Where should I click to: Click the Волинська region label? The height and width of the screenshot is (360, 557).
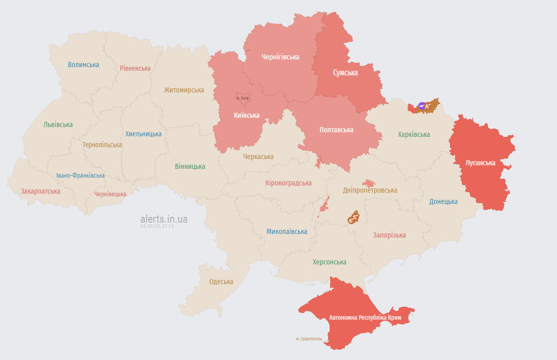coord(83,65)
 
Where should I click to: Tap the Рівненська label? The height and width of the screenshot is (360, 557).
coord(135,68)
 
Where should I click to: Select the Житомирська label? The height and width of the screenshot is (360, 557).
coord(184,90)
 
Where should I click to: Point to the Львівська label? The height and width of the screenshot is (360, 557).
coord(58,124)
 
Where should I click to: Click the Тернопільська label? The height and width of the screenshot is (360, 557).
coord(102,145)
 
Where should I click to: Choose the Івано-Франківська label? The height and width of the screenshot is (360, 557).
coord(80,176)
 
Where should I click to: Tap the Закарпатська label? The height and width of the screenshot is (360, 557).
coord(40,191)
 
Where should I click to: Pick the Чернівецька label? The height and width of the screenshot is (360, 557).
coord(110,194)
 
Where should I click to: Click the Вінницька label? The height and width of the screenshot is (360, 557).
coord(190,166)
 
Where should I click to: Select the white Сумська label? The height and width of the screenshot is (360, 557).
coord(345,73)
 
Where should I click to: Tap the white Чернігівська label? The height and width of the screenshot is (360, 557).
coord(280,57)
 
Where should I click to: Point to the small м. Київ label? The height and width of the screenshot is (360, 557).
coord(242,98)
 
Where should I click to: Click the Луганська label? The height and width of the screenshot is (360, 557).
coord(480,163)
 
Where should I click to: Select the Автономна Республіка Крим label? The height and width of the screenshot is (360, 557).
coord(365,317)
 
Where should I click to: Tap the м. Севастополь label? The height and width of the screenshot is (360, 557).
coord(309,339)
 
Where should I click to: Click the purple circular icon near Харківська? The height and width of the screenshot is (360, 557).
coord(422,106)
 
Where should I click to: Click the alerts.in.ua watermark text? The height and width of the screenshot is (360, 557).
coord(164,219)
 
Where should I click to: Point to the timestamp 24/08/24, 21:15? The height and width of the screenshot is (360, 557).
coord(157,226)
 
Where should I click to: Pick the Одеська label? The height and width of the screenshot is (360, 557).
coord(221,281)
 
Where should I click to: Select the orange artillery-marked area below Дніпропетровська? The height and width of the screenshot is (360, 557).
coord(353,217)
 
